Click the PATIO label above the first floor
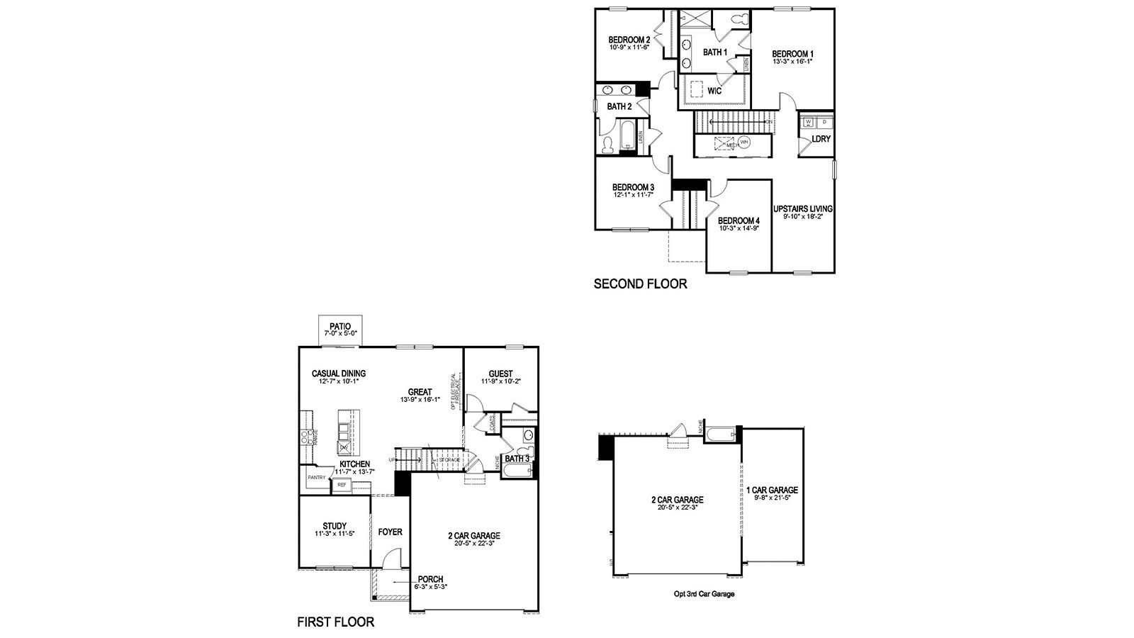click(340, 326)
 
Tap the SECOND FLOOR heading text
click(640, 284)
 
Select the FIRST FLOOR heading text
click(335, 622)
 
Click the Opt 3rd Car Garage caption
click(704, 594)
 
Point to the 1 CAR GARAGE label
click(772, 490)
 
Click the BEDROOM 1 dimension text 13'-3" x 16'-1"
click(792, 62)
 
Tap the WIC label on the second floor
click(714, 91)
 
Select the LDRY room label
click(821, 139)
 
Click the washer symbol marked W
click(808, 123)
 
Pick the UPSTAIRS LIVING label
click(802, 209)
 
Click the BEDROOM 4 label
click(739, 220)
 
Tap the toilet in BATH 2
click(607, 145)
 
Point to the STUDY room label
click(335, 526)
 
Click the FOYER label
click(390, 532)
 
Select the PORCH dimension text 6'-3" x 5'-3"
click(430, 587)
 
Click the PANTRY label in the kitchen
click(316, 477)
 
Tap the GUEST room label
click(500, 374)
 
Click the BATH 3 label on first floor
click(517, 459)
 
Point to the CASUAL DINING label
click(338, 374)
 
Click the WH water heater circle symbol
click(744, 142)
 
